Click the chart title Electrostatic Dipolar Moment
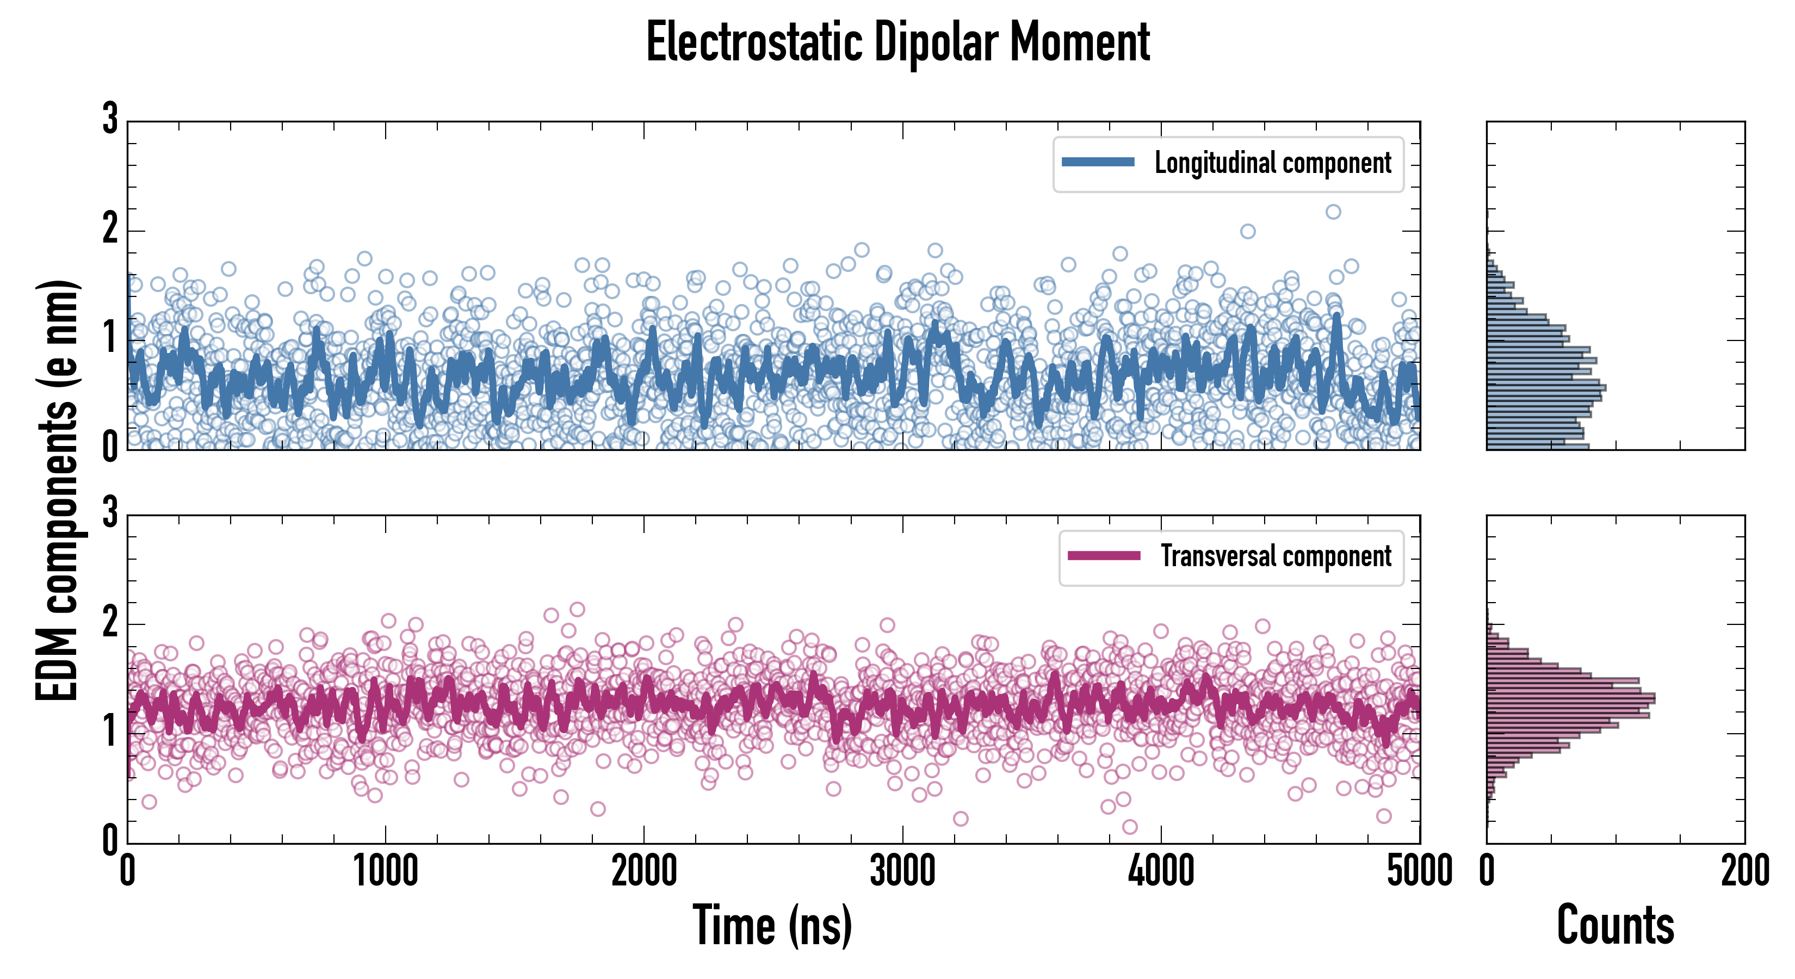(897, 43)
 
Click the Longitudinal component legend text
(1272, 163)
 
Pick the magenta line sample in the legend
(1104, 555)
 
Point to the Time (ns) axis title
(772, 925)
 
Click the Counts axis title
(1615, 925)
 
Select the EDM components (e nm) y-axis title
(57, 491)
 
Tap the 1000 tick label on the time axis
(385, 871)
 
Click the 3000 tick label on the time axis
(902, 871)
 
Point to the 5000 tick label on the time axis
(1420, 871)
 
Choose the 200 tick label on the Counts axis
(1744, 871)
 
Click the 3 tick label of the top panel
(110, 119)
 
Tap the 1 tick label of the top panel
(110, 339)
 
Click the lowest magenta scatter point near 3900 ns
(1130, 826)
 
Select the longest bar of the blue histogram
(1546, 387)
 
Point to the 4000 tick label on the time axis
(1161, 871)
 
